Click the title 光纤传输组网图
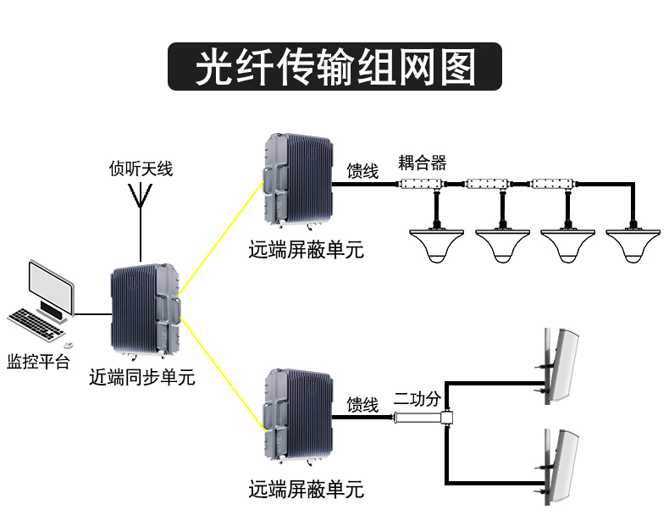[334, 67]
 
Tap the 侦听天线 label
[141, 169]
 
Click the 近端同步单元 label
[141, 378]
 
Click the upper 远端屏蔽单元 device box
[301, 180]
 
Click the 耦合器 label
[422, 163]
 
